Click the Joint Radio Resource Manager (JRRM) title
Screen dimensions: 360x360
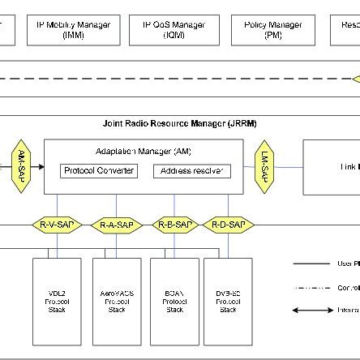pos(179,123)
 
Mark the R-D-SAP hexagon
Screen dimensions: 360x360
pos(228,224)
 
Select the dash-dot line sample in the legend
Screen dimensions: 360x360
pos(313,287)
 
